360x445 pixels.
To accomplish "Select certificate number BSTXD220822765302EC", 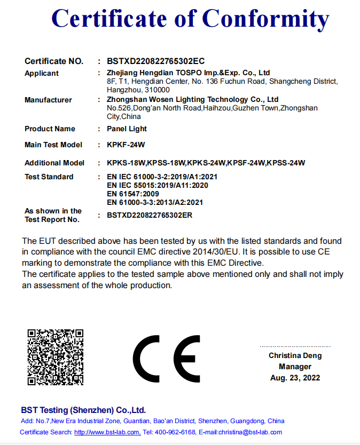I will (156, 61).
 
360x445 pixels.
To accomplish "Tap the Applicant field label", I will (42, 73).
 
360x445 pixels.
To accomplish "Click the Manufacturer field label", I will (48, 100).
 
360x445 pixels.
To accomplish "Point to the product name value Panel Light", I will (127, 129).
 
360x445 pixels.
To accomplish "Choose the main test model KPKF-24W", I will (126, 145).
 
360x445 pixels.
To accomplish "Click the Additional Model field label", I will (54, 163).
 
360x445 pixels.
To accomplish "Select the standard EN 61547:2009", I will (132, 194).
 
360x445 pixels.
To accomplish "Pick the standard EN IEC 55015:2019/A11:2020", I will (157, 185).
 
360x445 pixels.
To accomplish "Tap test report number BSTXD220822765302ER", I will (150, 215).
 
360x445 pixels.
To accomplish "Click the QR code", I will (56, 356).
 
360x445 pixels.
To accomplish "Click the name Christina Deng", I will (295, 355).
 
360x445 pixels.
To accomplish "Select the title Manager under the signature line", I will (295, 367).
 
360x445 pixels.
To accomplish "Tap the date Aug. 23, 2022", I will (295, 378).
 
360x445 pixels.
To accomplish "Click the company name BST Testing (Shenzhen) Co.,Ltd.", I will (83, 410).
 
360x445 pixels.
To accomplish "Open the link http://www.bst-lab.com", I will (107, 432).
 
